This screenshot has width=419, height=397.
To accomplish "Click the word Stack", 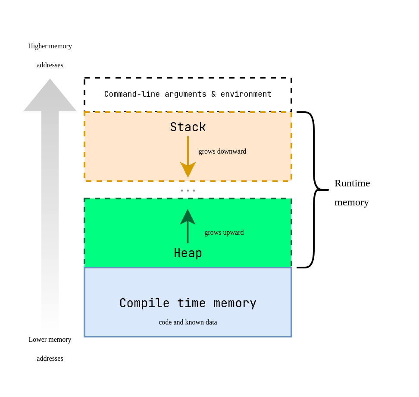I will pos(188,127).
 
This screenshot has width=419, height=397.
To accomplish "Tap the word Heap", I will pos(188,253).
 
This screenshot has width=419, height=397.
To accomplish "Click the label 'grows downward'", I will pos(222,151).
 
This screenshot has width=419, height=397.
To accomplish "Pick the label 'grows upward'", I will pos(224,233).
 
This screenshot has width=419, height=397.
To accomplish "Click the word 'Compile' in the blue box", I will pos(144,303).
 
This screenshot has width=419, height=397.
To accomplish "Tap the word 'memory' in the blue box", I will pos(235,303).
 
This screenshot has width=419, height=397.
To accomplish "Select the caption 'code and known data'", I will pos(188,322).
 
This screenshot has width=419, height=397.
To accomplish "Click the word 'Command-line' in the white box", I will pos(132,94).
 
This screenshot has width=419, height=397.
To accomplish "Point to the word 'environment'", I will pos(246,94).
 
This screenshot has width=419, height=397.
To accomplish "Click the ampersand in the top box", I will pos(213,94).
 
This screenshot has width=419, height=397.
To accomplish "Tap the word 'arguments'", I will pos(185,94).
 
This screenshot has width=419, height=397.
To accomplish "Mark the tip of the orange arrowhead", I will pos(188,176).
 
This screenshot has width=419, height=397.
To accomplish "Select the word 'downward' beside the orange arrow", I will pos(231,151).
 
